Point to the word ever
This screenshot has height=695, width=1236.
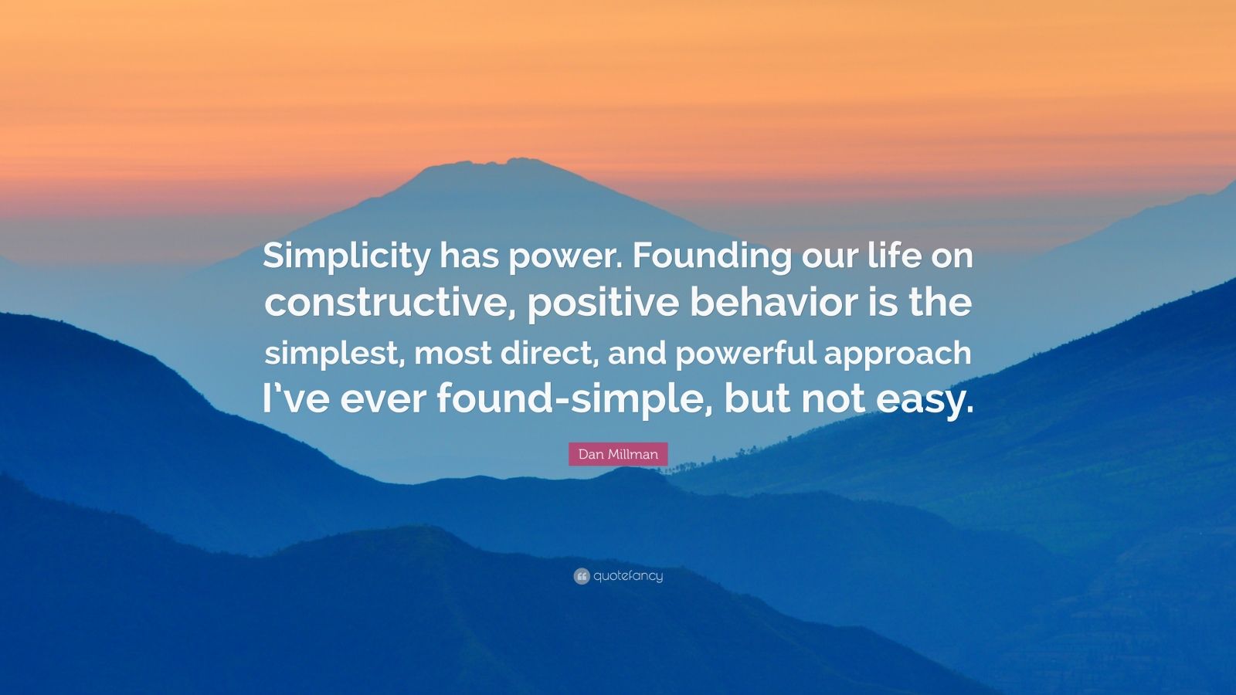pyautogui.click(x=383, y=400)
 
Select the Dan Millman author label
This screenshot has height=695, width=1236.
pyautogui.click(x=618, y=454)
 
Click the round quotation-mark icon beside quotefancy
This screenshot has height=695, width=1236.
pyautogui.click(x=582, y=576)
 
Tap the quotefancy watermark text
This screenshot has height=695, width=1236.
pyautogui.click(x=628, y=576)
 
